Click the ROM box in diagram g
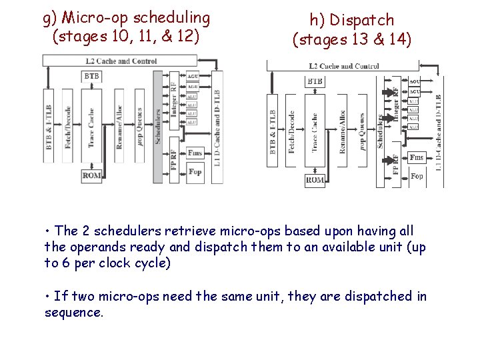click(91, 175)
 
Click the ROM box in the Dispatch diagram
click(315, 179)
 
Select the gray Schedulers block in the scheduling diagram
click(158, 127)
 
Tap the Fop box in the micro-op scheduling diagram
click(195, 171)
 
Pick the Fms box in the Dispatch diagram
click(417, 157)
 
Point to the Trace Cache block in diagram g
click(91, 127)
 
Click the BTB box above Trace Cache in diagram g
click(91, 77)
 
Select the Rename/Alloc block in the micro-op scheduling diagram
click(119, 127)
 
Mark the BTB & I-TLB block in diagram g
click(49, 127)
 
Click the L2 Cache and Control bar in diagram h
click(343, 66)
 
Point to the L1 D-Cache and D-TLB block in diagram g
click(216, 127)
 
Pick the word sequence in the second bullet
click(73, 312)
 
